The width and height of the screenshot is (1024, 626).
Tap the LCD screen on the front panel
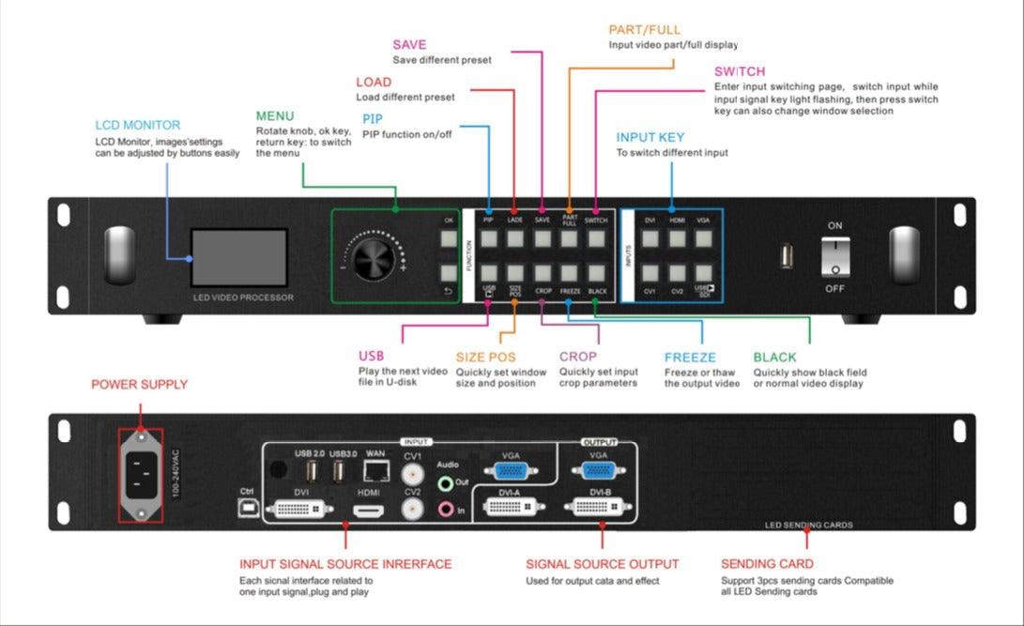(x=238, y=257)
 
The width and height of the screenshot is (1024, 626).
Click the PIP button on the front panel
(x=489, y=237)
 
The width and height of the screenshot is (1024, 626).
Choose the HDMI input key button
(x=678, y=237)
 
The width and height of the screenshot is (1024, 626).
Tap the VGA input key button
(x=704, y=237)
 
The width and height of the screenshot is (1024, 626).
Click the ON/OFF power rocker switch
(x=834, y=255)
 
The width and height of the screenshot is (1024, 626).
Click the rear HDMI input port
(x=368, y=512)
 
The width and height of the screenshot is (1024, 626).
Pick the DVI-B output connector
(x=601, y=508)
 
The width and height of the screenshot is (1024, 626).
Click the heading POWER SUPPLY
(x=139, y=385)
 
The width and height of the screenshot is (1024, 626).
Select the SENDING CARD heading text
(x=767, y=564)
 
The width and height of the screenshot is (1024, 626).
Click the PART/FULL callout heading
(x=644, y=30)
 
